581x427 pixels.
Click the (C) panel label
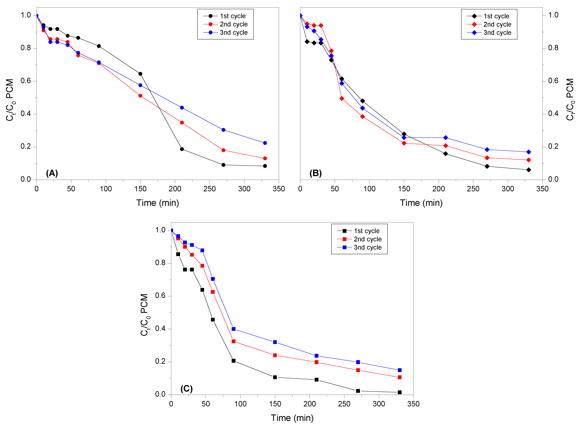[x=186, y=389]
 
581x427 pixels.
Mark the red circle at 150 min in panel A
[x=140, y=96]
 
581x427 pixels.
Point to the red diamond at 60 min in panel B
[x=342, y=99]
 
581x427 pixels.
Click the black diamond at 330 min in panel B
[x=529, y=170]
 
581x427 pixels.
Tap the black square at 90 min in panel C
[x=233, y=361]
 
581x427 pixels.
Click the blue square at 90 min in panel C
[x=233, y=329]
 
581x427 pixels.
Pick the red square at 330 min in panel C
[x=400, y=377]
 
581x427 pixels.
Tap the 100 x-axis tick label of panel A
[x=106, y=189]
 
